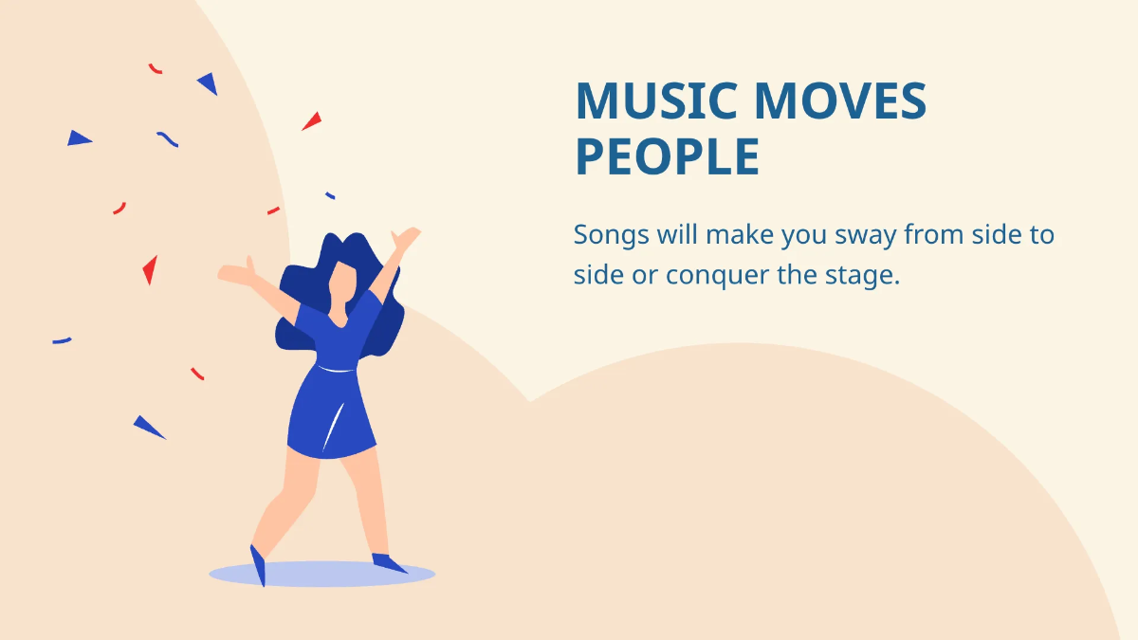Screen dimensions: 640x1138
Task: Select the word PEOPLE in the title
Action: (x=668, y=157)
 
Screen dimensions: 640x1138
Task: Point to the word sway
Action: (x=861, y=235)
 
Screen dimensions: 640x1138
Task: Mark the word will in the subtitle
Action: (x=675, y=235)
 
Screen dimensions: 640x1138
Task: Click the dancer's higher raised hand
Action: (x=408, y=237)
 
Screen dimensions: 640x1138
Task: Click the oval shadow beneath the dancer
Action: (x=321, y=574)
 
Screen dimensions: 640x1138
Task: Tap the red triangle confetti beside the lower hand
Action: (x=150, y=270)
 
